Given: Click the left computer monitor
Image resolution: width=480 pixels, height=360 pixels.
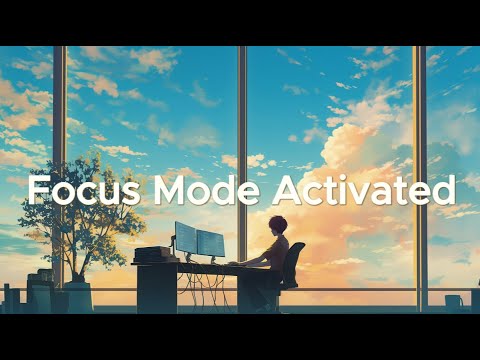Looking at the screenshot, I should (x=185, y=237).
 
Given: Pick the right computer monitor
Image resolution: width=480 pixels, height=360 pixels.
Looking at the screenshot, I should (x=211, y=242).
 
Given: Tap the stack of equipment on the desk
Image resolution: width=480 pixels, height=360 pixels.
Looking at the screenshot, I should (x=150, y=254).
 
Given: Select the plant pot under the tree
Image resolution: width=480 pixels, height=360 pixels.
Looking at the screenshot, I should (x=79, y=295).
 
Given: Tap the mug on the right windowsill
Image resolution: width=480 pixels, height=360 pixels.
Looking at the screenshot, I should (x=454, y=300).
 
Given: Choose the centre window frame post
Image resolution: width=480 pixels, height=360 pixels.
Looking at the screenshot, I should (x=242, y=120).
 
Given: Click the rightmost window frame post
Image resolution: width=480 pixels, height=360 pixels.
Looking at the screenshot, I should (x=420, y=120).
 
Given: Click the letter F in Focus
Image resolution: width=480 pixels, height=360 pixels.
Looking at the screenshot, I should (x=36, y=190).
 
